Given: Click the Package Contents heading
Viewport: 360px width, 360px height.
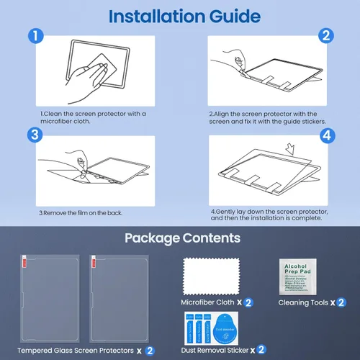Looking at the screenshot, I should click(180, 238).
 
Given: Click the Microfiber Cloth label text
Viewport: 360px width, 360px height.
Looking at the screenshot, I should click(207, 303).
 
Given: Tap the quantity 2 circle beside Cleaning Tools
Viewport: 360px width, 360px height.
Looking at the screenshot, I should click(341, 303).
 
